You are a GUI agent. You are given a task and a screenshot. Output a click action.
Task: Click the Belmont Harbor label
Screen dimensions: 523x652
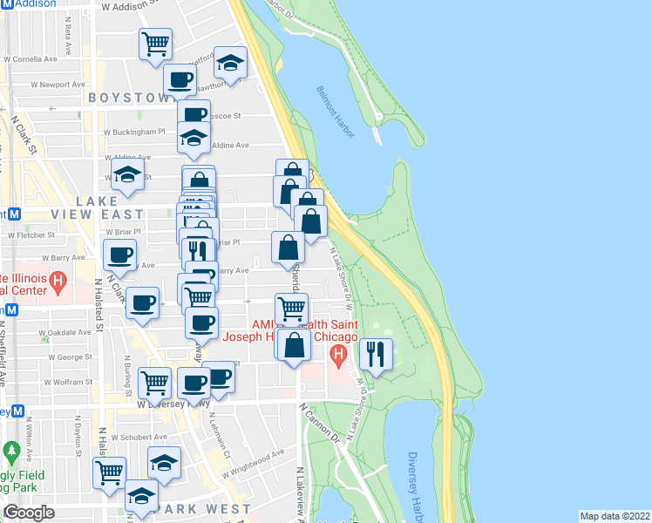click(336, 111)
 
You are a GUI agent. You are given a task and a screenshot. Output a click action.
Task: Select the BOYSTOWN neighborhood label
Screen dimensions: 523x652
click(126, 98)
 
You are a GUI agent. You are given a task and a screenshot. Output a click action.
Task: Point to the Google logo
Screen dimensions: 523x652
click(29, 513)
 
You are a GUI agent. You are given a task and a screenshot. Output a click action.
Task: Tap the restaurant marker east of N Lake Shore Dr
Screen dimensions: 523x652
click(376, 354)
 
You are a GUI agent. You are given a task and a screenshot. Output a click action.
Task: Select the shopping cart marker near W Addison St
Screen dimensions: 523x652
click(155, 43)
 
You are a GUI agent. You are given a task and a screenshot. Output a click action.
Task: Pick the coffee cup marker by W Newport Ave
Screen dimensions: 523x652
click(180, 80)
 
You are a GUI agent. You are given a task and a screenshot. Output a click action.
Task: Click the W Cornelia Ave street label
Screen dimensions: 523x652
click(31, 60)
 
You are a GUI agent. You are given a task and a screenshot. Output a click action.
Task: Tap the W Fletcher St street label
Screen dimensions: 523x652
click(31, 234)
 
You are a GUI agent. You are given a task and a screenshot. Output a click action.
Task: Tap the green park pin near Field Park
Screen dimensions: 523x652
click(11, 452)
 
